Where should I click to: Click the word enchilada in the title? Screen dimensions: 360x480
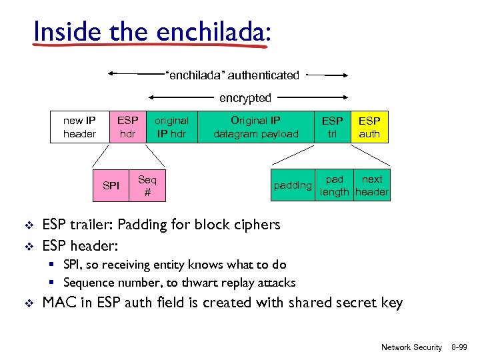coord(212,31)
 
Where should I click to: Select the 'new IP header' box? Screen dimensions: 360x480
coord(79,127)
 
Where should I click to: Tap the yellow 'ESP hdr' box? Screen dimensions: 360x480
coord(127,127)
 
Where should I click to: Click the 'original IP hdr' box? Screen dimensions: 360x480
coord(171,127)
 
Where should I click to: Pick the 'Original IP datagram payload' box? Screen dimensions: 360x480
coord(256,127)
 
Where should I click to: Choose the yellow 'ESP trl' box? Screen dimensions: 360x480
coord(333,127)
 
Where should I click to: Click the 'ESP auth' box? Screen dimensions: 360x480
coord(369,127)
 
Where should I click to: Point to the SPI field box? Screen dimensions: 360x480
coord(111,186)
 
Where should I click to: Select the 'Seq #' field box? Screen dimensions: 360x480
coord(147,186)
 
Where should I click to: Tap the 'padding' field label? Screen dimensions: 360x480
coord(293,185)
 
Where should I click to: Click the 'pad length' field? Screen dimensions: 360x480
coord(335,186)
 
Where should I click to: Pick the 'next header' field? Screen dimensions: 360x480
coord(372,186)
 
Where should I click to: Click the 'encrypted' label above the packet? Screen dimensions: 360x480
coord(245,98)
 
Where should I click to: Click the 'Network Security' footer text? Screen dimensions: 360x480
coord(411,347)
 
